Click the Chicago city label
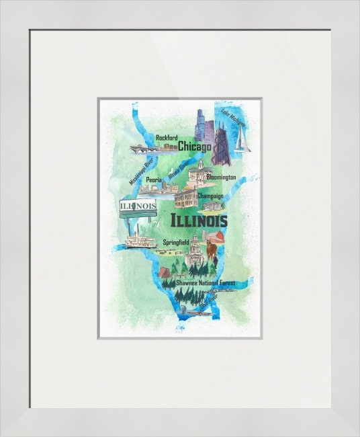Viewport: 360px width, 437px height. pos(195,146)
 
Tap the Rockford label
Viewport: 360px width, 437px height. pos(167,138)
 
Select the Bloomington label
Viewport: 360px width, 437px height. pos(222,177)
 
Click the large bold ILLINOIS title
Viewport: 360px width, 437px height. pos(199,221)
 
